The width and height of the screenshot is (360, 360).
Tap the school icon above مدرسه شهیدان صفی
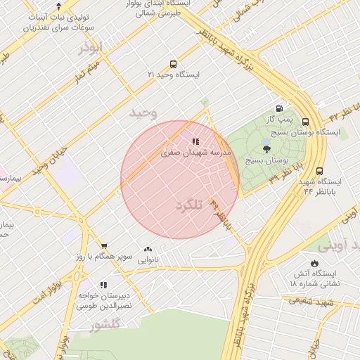pos(195,141)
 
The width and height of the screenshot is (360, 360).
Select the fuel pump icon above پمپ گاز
pos(281,109)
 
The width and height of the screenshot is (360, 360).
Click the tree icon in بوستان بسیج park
pos(266,148)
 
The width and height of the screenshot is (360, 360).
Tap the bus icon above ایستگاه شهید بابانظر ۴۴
pos(321,171)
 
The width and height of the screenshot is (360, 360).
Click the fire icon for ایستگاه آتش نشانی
pos(314,264)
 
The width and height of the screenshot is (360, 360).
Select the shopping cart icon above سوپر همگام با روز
pos(105,246)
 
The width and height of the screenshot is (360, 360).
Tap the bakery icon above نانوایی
pos(148,249)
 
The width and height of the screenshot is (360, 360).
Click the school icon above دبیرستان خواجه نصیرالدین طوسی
pos(103,285)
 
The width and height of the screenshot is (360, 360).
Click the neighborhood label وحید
pos(143,112)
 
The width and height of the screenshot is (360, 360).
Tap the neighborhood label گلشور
pos(106,324)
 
